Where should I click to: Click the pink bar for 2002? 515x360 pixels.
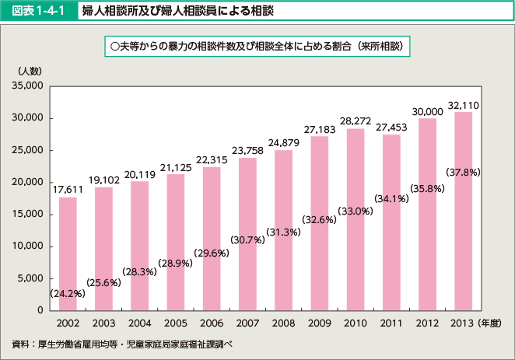click(x=68, y=253)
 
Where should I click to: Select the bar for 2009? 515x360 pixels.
click(x=319, y=223)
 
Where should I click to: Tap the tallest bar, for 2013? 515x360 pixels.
click(x=463, y=211)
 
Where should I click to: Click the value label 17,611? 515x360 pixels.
click(x=68, y=188)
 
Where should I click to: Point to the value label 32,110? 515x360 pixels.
click(x=463, y=104)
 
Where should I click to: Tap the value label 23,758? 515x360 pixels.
click(x=247, y=149)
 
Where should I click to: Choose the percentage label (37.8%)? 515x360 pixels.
click(x=463, y=171)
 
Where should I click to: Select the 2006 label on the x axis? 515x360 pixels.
click(x=211, y=322)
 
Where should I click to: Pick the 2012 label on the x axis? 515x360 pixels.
click(x=427, y=322)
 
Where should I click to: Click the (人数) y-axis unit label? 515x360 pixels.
click(x=29, y=70)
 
